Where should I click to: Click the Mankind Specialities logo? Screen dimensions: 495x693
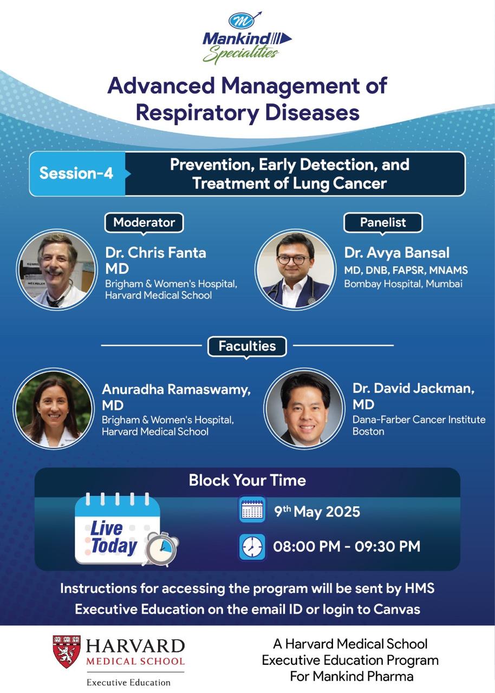click(247, 38)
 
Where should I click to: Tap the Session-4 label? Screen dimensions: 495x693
click(76, 173)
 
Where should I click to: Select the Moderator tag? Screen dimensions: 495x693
click(144, 223)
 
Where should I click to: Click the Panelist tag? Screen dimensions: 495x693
click(383, 223)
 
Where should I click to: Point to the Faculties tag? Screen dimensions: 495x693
click(247, 346)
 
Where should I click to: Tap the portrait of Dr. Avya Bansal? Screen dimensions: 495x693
click(296, 270)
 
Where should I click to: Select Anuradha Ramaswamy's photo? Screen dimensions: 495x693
click(53, 408)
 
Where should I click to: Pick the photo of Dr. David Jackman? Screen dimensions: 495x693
click(304, 408)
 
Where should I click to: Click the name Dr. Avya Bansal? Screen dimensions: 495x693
click(397, 253)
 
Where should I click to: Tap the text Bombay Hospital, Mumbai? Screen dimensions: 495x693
click(403, 284)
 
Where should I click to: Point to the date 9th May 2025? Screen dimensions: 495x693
click(317, 512)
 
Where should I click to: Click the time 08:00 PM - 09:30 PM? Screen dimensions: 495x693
click(347, 546)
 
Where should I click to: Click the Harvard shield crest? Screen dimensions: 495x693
click(67, 651)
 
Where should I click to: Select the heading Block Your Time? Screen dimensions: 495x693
click(248, 480)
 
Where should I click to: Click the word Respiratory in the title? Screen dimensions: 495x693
click(197, 113)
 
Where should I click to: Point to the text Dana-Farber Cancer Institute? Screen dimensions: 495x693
click(419, 420)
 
